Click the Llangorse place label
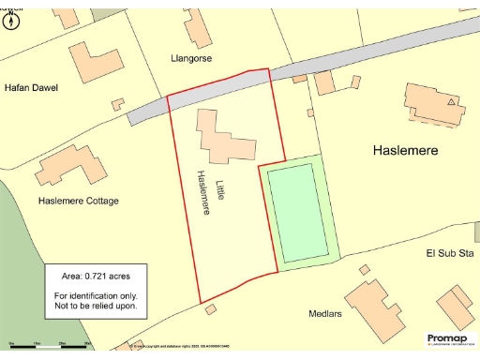[191, 58]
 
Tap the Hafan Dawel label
[31, 88]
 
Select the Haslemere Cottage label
[79, 201]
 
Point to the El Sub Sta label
[444, 253]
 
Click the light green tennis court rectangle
[298, 212]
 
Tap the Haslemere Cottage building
[70, 169]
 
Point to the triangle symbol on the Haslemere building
[452, 100]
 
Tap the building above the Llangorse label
[197, 28]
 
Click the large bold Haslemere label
[406, 150]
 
